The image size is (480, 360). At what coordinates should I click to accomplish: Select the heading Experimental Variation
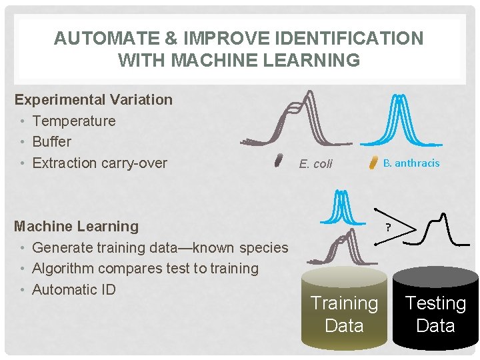pos(93,100)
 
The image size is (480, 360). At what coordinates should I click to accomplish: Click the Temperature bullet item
pos(73,121)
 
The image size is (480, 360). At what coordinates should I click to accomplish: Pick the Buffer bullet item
pos(51,142)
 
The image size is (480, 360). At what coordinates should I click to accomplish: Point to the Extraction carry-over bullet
pos(99,163)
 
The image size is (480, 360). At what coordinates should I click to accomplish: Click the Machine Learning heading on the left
pos(77,227)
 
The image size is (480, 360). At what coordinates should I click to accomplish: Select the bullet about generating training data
pos(160,248)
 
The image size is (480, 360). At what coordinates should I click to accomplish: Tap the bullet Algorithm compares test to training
pos(145,269)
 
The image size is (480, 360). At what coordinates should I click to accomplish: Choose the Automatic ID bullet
pos(73,290)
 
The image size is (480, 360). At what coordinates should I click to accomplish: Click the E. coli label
pos(315,164)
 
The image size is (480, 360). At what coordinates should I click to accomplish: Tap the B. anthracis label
pos(411,163)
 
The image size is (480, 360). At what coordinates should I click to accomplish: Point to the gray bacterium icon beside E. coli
pos(279,160)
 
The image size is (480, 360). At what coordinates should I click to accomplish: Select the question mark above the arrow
pos(387,227)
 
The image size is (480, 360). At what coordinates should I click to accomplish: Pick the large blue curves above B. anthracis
pos(398,120)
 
